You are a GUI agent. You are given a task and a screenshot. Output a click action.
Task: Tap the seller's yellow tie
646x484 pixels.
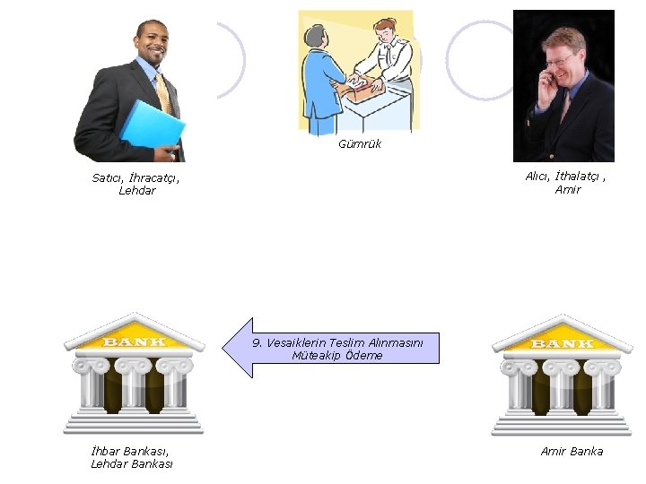pos(163,93)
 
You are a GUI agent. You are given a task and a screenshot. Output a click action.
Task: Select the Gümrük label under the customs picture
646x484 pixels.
pos(360,143)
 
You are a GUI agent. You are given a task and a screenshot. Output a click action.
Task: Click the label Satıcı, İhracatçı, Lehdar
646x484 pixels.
pos(136,184)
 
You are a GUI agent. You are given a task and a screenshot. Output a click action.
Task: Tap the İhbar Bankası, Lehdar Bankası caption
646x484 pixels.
pos(131,457)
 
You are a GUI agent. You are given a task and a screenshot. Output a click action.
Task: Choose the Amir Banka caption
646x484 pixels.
pos(572,451)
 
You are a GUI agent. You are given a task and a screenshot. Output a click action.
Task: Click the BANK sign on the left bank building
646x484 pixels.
pos(134,341)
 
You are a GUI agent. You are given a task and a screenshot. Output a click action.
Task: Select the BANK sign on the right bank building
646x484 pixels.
pos(562,343)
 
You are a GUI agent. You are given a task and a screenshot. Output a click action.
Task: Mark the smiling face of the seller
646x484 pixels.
pos(151,43)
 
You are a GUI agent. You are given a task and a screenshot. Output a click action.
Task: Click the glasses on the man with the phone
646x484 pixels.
pos(559,59)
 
